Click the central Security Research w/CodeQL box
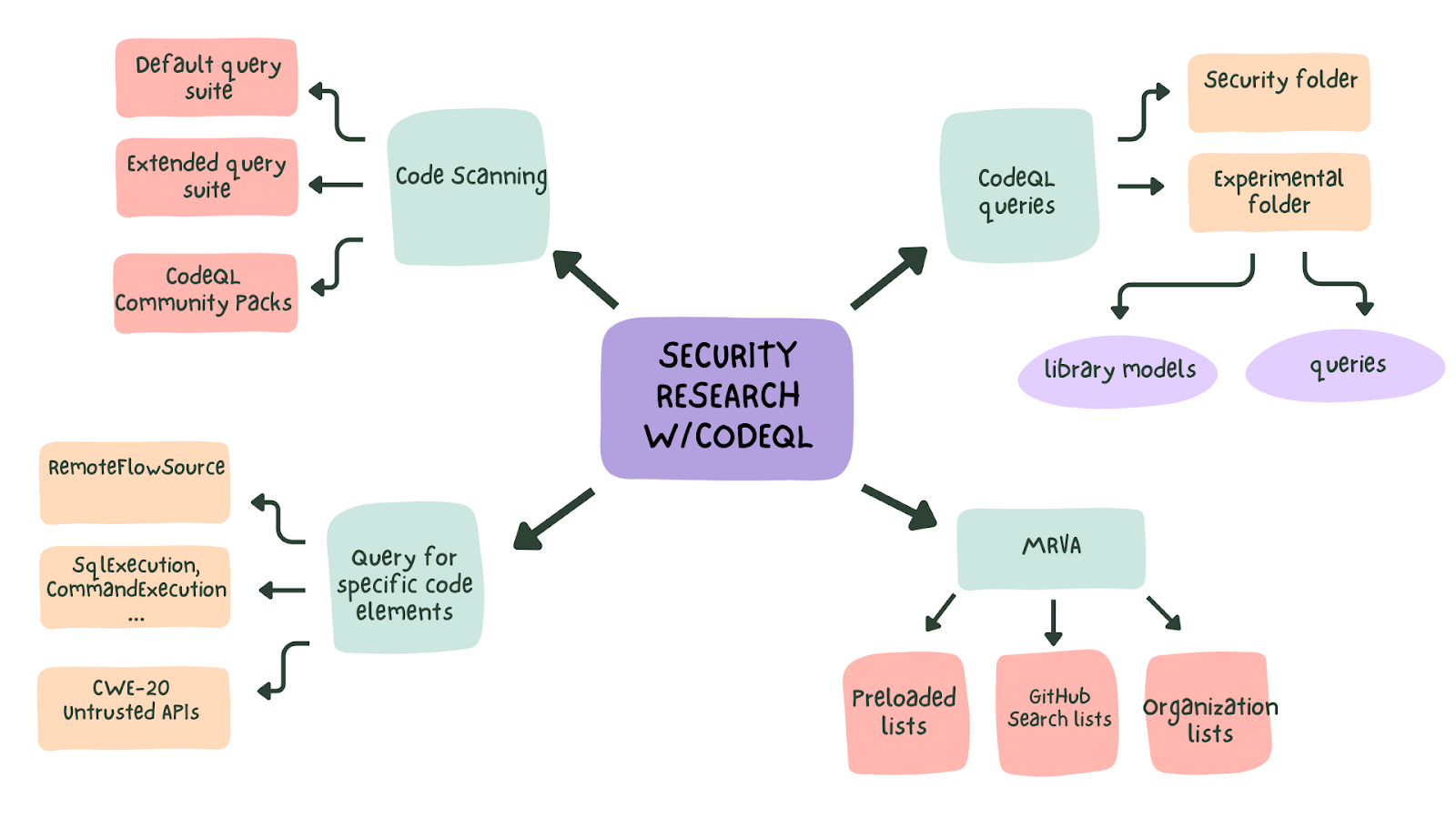coord(726,398)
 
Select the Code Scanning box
coord(470,187)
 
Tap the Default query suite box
coord(207,77)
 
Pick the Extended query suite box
coord(207,177)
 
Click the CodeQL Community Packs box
coord(206,292)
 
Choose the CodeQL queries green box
coord(1018,187)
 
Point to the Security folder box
coord(1279,92)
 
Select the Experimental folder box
coord(1279,192)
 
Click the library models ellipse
coord(1117,370)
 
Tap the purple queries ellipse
coord(1345,366)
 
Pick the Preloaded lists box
coord(905,713)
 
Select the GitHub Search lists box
coord(1057,712)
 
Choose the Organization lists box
coord(1208,713)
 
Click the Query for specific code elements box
coord(405,579)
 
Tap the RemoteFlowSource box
coord(135,482)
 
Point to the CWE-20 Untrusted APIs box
coord(133,707)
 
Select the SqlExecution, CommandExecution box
coord(135,586)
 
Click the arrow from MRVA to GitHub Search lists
coord(1054,621)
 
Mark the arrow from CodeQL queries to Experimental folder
coord(1140,187)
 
